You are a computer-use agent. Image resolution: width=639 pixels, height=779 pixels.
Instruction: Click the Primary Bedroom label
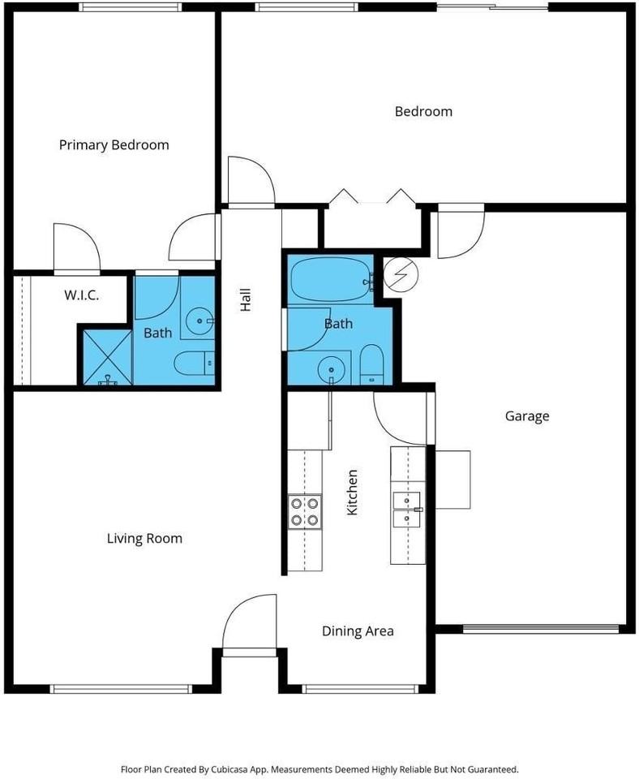[x=114, y=145]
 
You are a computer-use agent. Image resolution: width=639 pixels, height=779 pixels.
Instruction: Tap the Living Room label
[x=144, y=538]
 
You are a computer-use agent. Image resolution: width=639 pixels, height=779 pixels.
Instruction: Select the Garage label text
[x=527, y=416]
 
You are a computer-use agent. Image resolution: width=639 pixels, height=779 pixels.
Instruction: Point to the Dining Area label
[x=358, y=631]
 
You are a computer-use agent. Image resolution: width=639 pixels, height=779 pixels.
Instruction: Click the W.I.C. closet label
[x=81, y=295]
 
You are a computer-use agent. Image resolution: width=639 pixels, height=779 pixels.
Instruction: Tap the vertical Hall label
[x=245, y=300]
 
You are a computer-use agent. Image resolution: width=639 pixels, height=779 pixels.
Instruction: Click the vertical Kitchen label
[x=352, y=493]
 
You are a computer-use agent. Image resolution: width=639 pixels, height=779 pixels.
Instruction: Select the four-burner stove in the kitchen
[x=304, y=512]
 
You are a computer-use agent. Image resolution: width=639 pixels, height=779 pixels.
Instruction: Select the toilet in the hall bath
[x=371, y=364]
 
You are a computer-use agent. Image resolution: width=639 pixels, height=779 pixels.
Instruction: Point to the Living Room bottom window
[x=121, y=689]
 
